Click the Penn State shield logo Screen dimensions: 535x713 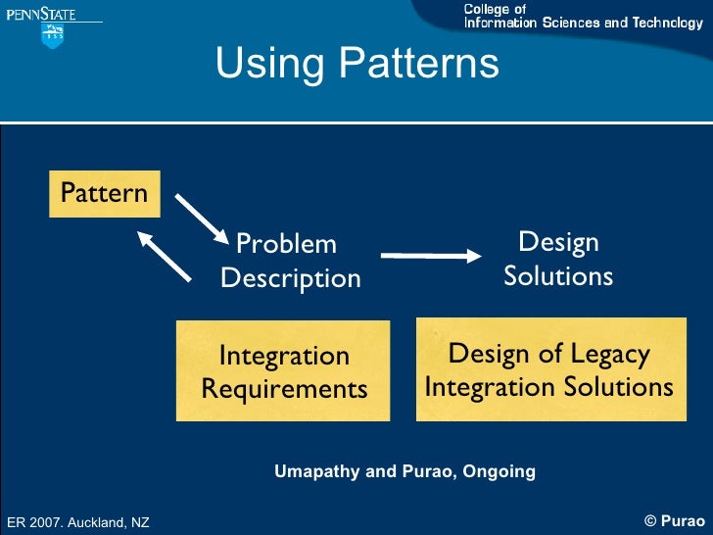tap(52, 35)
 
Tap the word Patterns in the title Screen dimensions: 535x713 tap(418, 64)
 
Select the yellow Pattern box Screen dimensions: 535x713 tap(104, 192)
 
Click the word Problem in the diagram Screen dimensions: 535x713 tap(286, 244)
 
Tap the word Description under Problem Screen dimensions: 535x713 tap(291, 278)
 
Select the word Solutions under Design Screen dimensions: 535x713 tap(558, 276)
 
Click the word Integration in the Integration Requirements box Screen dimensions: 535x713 tap(284, 356)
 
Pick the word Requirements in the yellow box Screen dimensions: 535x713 tap(284, 389)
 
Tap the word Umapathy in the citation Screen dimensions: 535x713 tap(317, 471)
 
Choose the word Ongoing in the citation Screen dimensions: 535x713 tap(499, 471)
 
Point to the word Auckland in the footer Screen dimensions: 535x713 tap(101, 523)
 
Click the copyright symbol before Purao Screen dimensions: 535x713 tap(650, 521)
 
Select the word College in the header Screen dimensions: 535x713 tap(487, 9)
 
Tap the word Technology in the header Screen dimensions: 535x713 tap(669, 23)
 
